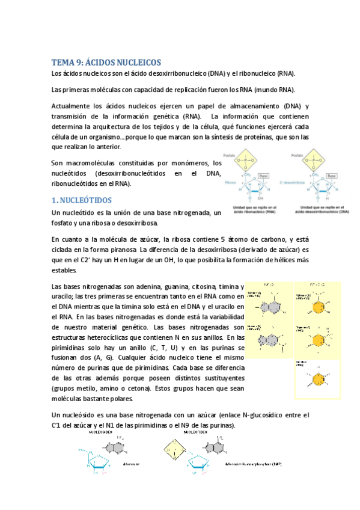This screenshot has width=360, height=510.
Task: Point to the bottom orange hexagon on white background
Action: [x=316, y=379]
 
